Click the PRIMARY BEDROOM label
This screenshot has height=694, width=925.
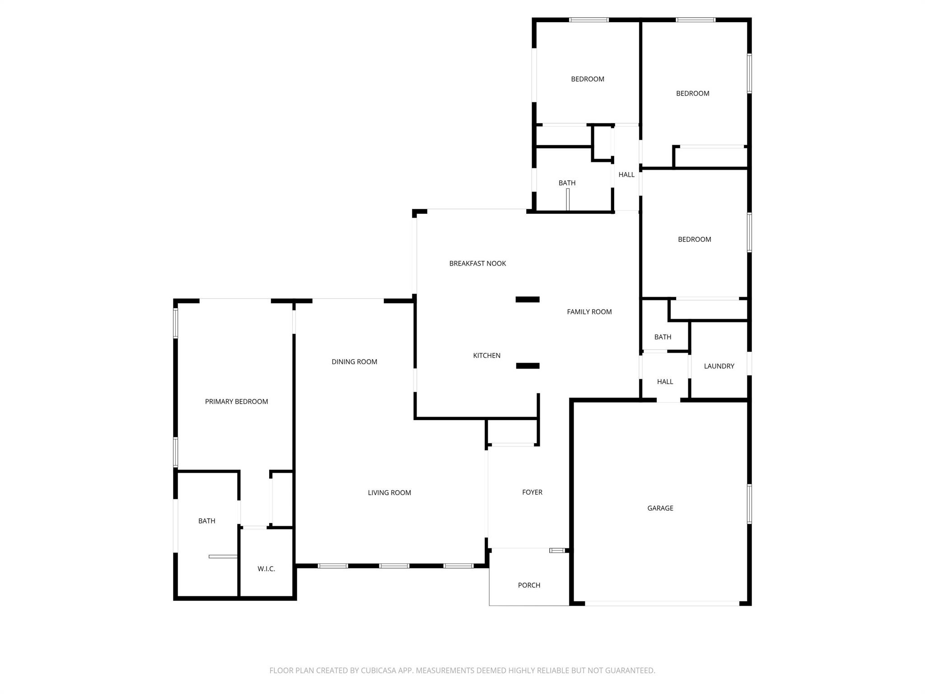pyautogui.click(x=236, y=402)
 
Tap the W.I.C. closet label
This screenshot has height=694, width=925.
pyautogui.click(x=266, y=569)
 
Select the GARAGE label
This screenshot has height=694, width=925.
pyautogui.click(x=660, y=508)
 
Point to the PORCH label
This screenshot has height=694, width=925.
pyautogui.click(x=529, y=585)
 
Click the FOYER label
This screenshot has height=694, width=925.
pyautogui.click(x=532, y=492)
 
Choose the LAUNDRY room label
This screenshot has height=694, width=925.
pyautogui.click(x=719, y=366)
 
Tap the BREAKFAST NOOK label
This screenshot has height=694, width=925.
pyautogui.click(x=477, y=263)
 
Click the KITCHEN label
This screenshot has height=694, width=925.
pyautogui.click(x=486, y=356)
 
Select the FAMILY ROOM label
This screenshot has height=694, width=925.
pyautogui.click(x=589, y=312)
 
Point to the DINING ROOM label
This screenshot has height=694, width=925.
pyautogui.click(x=354, y=361)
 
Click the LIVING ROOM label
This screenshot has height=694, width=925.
pyautogui.click(x=389, y=492)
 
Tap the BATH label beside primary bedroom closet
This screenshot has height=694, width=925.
pyautogui.click(x=206, y=521)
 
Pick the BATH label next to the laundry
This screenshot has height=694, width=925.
pyautogui.click(x=663, y=337)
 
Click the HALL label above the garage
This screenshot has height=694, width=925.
pyautogui.click(x=665, y=382)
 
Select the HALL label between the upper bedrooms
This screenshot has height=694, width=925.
pyautogui.click(x=626, y=174)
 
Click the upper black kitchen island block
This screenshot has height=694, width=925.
pyautogui.click(x=528, y=300)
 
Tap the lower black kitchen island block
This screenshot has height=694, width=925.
pyautogui.click(x=528, y=366)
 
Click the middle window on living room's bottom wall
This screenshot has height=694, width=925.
pyautogui.click(x=394, y=566)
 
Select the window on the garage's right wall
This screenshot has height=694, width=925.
pyautogui.click(x=749, y=504)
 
